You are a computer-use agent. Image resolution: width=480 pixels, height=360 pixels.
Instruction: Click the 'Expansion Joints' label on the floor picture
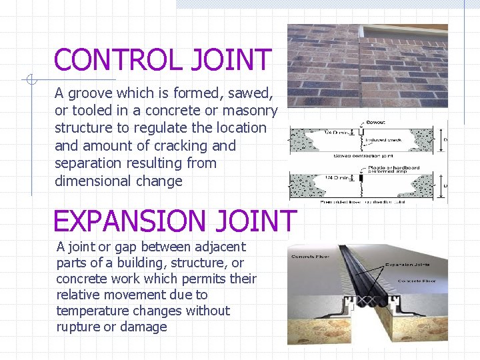(407, 265)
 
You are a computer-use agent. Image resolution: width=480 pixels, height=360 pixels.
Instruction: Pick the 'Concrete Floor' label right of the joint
(416, 281)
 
